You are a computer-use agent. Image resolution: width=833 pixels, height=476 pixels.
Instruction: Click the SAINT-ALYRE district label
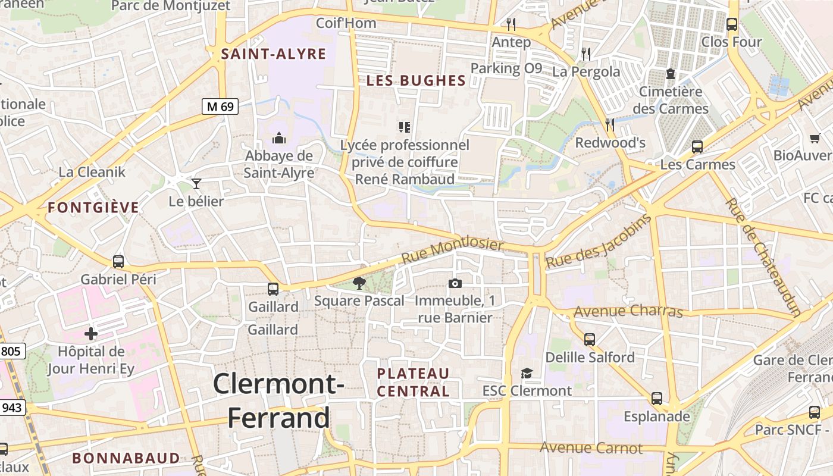coord(274,54)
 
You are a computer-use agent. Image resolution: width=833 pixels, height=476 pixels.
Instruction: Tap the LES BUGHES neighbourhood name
coord(416,81)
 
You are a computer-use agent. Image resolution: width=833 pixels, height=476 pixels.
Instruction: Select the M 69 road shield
coord(220,107)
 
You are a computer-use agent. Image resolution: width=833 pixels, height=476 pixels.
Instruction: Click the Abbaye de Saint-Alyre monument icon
coord(279,139)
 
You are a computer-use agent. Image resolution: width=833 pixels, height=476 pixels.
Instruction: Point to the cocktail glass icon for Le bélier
coord(196,183)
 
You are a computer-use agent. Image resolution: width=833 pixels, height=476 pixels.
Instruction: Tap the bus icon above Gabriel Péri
coord(118,261)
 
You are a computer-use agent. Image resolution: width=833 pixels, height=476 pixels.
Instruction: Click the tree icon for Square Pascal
coord(359,283)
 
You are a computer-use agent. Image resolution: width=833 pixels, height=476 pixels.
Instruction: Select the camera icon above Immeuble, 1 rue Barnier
coord(455,283)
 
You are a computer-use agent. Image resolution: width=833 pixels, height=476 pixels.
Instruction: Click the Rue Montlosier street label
coord(452,252)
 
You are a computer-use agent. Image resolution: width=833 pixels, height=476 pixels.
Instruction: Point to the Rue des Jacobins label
coord(599,240)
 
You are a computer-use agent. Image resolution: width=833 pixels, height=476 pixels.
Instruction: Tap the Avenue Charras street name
coord(628,311)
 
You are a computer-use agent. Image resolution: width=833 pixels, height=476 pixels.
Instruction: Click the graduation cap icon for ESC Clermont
coord(527,373)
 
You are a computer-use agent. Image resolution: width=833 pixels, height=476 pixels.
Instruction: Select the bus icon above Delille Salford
coord(590,339)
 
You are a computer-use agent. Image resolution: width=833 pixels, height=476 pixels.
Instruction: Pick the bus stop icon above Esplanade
coord(657,399)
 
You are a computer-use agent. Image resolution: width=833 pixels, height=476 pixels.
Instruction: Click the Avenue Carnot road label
coord(591,448)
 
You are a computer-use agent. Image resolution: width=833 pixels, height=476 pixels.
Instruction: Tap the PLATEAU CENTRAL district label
coord(414,382)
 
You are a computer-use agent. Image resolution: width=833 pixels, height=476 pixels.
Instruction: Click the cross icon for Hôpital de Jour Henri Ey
coord(91,334)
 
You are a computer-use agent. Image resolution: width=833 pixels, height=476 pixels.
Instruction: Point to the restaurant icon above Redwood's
coord(610,124)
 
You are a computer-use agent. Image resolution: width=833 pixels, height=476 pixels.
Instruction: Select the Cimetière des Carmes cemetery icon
coord(671,74)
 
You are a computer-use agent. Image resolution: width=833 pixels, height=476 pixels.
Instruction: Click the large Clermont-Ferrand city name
coord(278,400)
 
